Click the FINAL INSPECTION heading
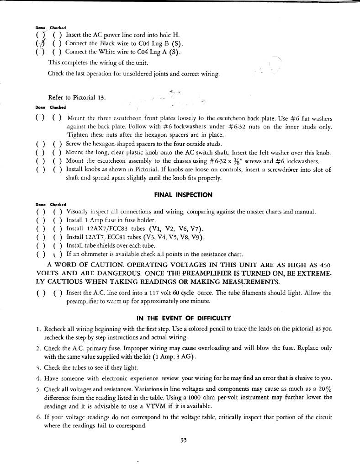[183, 195]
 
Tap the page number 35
[184, 441]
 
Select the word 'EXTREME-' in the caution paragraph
[309, 273]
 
